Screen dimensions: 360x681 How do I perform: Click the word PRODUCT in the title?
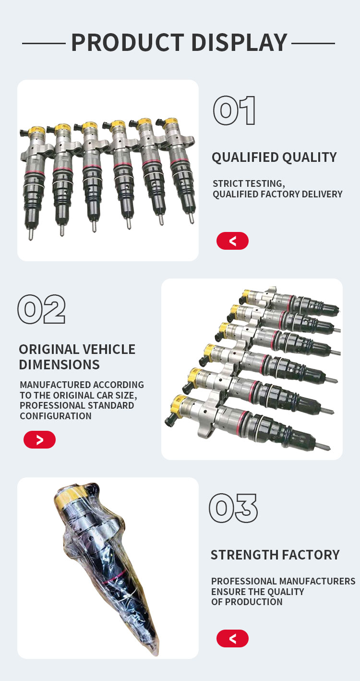128,42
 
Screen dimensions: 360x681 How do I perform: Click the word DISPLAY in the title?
240,42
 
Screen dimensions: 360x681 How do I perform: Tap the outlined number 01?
234,110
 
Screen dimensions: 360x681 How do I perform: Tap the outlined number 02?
41,309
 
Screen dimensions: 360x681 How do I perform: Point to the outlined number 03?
233,508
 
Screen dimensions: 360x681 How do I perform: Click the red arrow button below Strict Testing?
232,241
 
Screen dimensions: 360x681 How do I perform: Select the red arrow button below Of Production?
232,638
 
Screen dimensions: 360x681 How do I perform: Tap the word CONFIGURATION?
56,416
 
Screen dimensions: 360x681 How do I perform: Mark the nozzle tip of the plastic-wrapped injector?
157,652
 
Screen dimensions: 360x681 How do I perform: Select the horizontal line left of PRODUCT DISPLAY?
44,44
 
